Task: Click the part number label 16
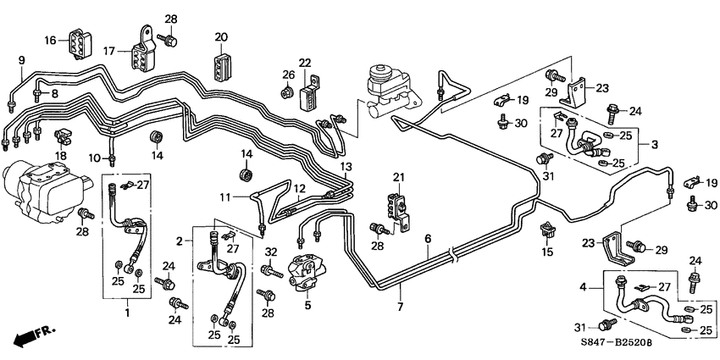click(49, 40)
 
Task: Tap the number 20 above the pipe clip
click(221, 36)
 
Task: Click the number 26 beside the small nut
click(286, 75)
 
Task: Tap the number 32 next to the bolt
click(271, 252)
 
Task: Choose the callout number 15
click(547, 252)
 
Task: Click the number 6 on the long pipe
click(429, 240)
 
